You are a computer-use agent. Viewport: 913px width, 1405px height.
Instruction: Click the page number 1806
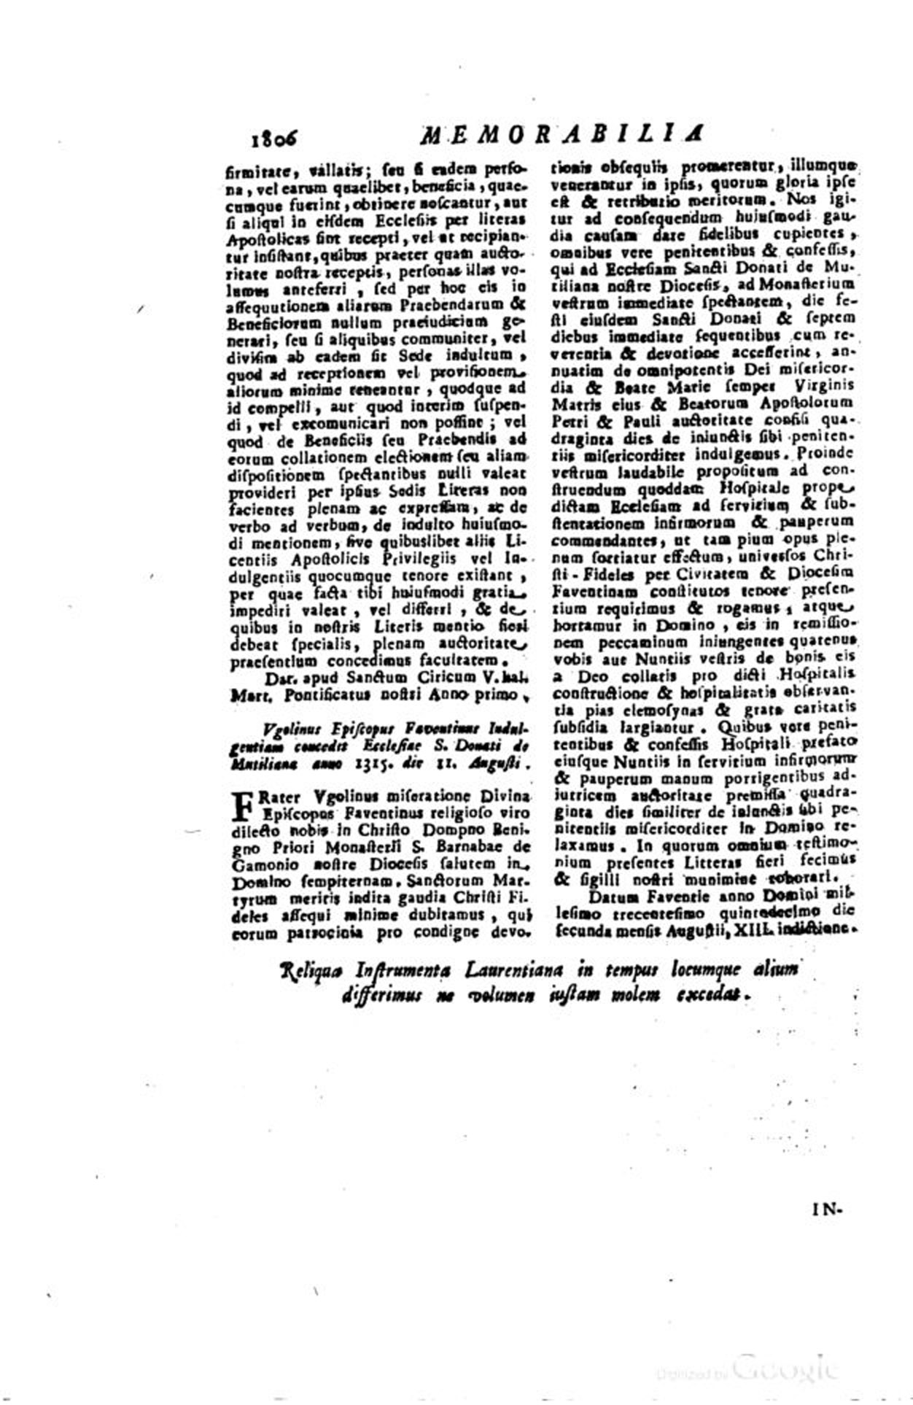tap(276, 136)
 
